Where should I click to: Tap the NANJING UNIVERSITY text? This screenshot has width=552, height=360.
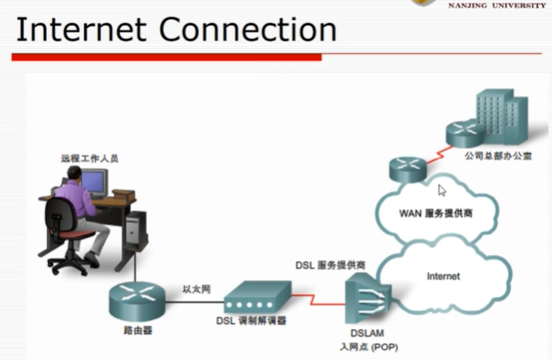point(496,5)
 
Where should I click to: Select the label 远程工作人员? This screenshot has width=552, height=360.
point(89,159)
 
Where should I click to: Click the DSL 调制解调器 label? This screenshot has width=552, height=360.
point(251,321)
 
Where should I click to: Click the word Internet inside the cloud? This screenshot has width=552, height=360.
point(442,276)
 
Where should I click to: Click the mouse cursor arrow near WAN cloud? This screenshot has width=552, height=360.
point(442,189)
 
